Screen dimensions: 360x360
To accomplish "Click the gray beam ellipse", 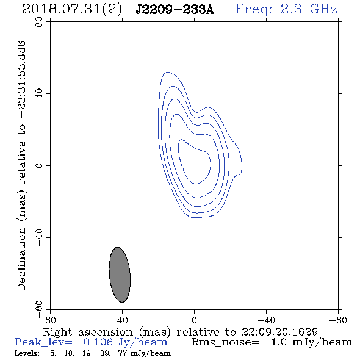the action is [x=120, y=275].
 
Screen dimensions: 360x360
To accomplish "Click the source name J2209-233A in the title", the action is [x=175, y=10].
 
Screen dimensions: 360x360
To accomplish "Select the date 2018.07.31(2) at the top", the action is [x=72, y=10].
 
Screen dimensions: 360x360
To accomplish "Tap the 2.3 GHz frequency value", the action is [x=309, y=9].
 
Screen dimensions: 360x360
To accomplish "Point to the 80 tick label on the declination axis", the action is [x=39, y=22].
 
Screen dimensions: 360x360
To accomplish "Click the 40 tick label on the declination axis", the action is [x=39, y=94].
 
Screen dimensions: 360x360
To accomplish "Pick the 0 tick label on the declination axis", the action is [x=39, y=165].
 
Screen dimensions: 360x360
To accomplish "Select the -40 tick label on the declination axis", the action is [x=39, y=237].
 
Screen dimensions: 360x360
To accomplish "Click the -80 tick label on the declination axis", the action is [x=39, y=309].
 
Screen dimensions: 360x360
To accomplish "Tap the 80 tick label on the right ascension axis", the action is [x=50, y=320].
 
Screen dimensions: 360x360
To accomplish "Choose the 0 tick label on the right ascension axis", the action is [x=194, y=320].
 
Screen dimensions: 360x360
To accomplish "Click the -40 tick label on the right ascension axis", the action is [x=266, y=320].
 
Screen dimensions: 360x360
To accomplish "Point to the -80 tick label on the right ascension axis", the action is [x=338, y=320].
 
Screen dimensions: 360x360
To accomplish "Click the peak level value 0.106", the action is [x=98, y=342].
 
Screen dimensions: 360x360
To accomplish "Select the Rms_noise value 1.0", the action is [x=279, y=342].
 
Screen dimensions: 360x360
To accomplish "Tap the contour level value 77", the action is [x=122, y=353].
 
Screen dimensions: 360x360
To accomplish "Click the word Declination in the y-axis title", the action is [x=21, y=259].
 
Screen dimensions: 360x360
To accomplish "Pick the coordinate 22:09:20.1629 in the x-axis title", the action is [x=279, y=332].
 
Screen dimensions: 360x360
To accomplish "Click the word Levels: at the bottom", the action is [x=27, y=353].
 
